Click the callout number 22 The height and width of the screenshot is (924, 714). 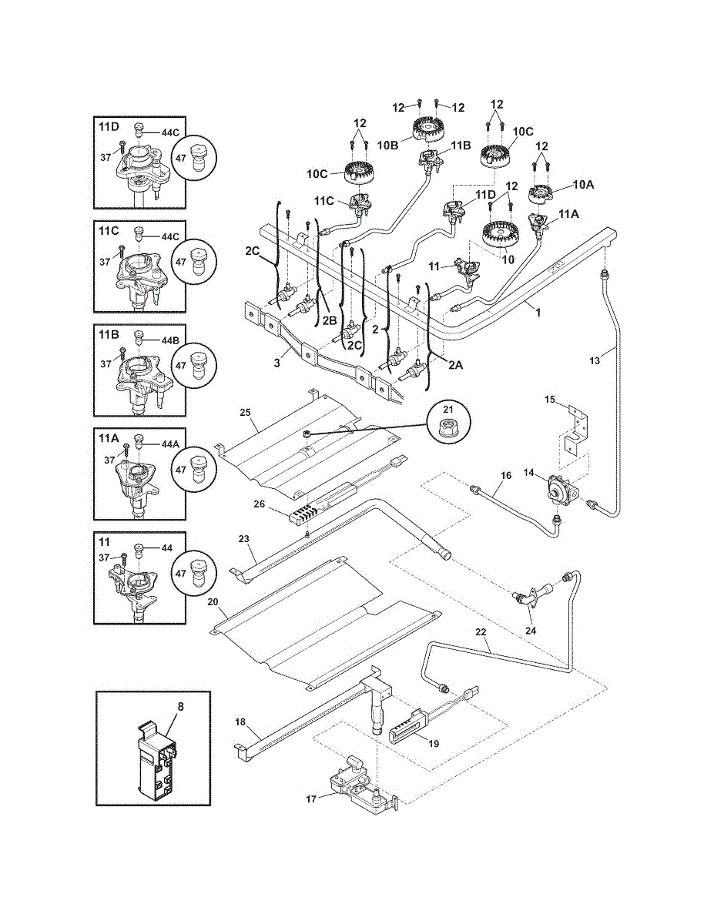pos(481,631)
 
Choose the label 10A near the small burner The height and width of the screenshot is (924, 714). pos(584,185)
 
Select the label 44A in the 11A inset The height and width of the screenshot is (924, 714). pos(171,444)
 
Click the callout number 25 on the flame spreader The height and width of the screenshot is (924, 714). pos(245,413)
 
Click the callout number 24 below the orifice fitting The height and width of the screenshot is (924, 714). pos(531,629)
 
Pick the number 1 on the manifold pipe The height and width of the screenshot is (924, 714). pos(538,314)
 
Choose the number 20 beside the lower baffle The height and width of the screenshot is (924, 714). pos(213,601)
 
